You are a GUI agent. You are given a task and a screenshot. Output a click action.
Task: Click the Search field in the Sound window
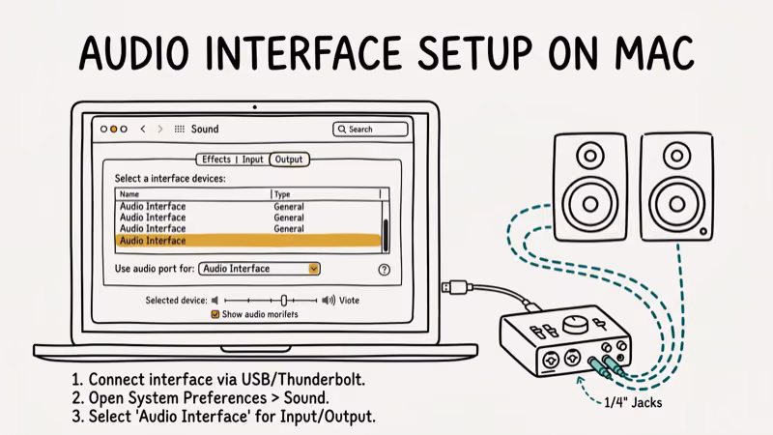(370, 129)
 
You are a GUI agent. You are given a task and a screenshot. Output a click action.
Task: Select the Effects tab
(215, 159)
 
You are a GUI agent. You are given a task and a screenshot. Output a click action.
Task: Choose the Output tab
(288, 159)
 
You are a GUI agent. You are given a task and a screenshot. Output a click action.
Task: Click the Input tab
(252, 159)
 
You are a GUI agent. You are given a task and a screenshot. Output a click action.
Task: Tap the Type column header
(285, 194)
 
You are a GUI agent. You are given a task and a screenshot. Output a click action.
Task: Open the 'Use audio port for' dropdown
(260, 269)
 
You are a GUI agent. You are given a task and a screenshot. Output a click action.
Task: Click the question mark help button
(384, 270)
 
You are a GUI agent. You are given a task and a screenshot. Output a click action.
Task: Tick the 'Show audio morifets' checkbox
(215, 314)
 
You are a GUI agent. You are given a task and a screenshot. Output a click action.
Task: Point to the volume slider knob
(284, 301)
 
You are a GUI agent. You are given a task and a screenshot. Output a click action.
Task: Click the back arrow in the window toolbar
(144, 129)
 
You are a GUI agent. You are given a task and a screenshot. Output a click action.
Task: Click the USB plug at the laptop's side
(457, 287)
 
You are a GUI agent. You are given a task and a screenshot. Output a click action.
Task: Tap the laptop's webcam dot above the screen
(255, 106)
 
